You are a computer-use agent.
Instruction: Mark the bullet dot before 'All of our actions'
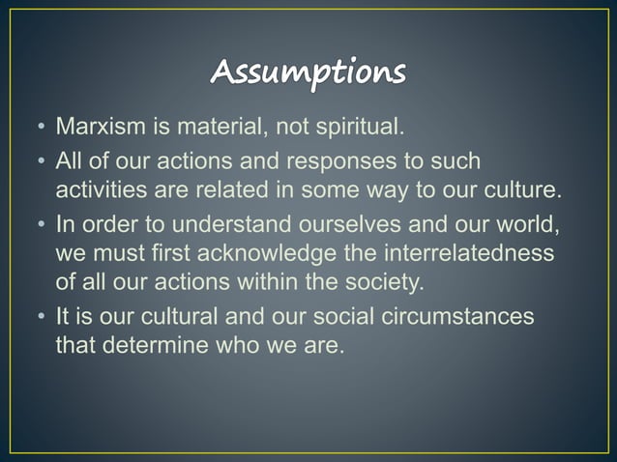(x=43, y=161)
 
